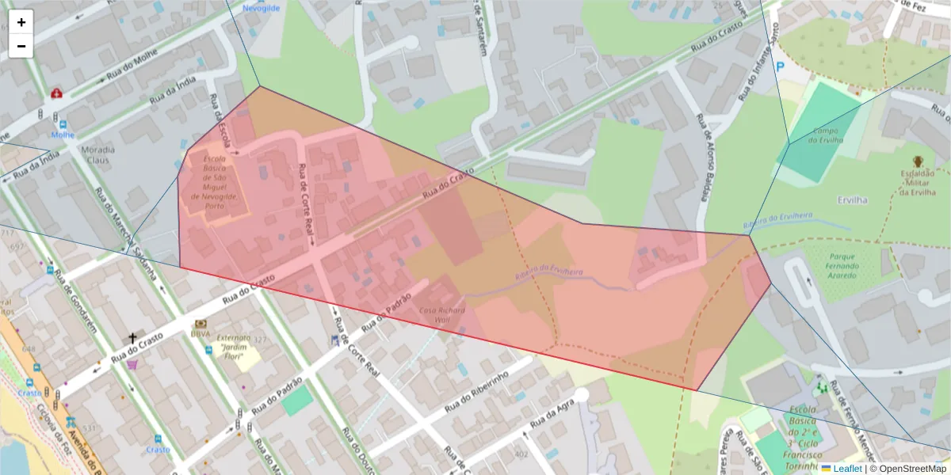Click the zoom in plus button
click(21, 22)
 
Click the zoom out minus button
click(21, 46)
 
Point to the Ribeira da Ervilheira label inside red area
click(548, 272)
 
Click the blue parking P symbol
click(781, 68)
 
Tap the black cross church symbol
click(133, 338)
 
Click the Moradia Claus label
click(97, 154)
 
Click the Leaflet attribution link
click(846, 469)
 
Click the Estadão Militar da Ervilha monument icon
click(918, 161)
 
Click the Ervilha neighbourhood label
click(852, 200)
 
